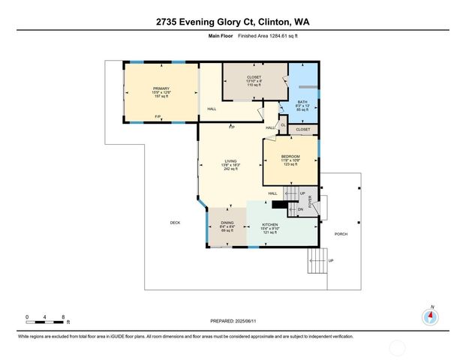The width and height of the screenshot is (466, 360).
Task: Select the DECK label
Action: [x=175, y=223]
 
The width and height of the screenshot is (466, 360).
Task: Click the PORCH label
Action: [x=341, y=234]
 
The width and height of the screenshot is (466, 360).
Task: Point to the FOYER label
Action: [x=310, y=200]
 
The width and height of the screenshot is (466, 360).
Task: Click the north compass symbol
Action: [x=431, y=316]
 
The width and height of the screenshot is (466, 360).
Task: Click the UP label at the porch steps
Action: [x=330, y=260]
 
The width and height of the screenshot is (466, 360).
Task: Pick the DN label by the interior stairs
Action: [x=300, y=208]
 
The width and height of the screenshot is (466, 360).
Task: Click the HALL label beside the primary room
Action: [x=212, y=109]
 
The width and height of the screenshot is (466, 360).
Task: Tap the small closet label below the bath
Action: [x=302, y=130]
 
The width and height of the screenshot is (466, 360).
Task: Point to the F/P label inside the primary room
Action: [x=158, y=116]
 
